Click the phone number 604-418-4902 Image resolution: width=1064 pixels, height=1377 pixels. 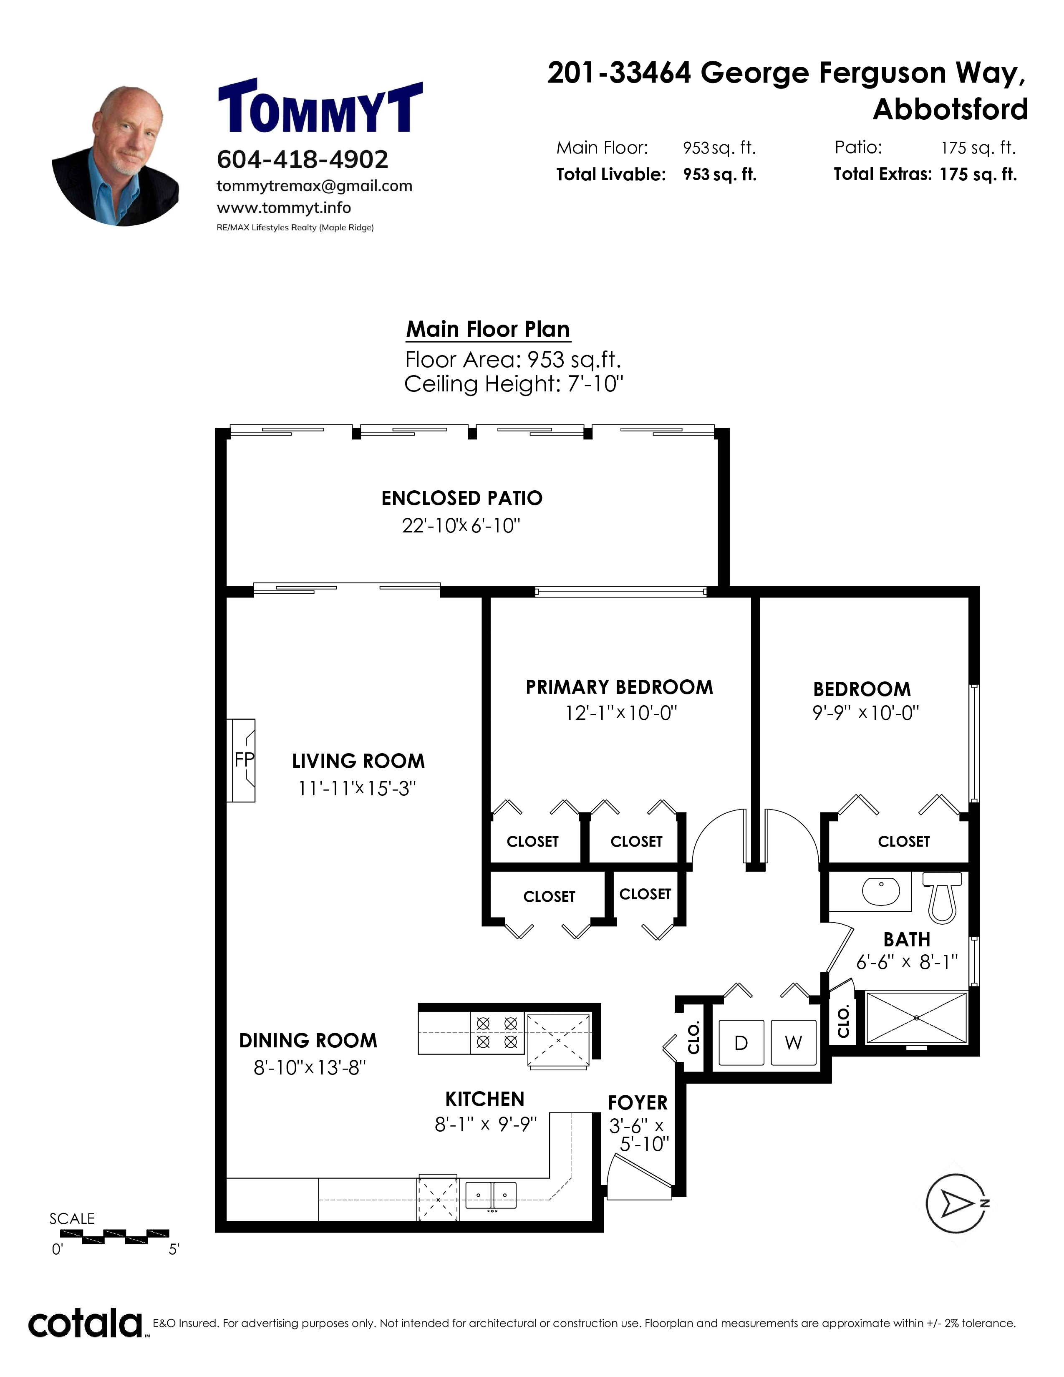click(x=303, y=159)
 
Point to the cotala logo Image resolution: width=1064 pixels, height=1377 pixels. click(x=86, y=1324)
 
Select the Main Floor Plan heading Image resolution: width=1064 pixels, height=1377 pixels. click(x=488, y=329)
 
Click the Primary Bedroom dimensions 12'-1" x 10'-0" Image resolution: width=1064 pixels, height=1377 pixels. click(x=621, y=713)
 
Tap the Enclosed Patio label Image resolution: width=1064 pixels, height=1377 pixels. click(x=462, y=498)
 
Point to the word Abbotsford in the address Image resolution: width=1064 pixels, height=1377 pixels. click(x=951, y=110)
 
